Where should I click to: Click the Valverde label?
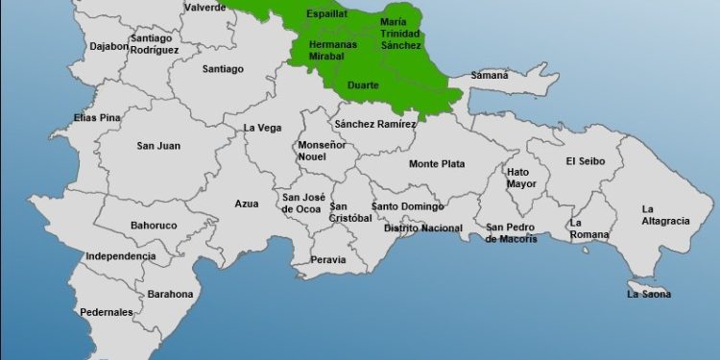click(205, 7)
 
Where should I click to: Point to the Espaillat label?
click(326, 14)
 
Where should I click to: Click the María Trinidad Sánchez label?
click(400, 33)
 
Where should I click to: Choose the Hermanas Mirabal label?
click(333, 51)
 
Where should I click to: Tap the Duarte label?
click(363, 85)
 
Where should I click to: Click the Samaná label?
click(490, 75)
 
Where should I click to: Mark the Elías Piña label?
click(98, 118)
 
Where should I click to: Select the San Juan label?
click(158, 146)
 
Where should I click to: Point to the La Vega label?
click(261, 127)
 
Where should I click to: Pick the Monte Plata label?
click(437, 164)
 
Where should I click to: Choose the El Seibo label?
click(586, 161)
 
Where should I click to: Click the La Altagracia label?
click(665, 215)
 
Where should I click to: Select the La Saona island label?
click(649, 294)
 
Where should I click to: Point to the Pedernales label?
click(107, 312)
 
